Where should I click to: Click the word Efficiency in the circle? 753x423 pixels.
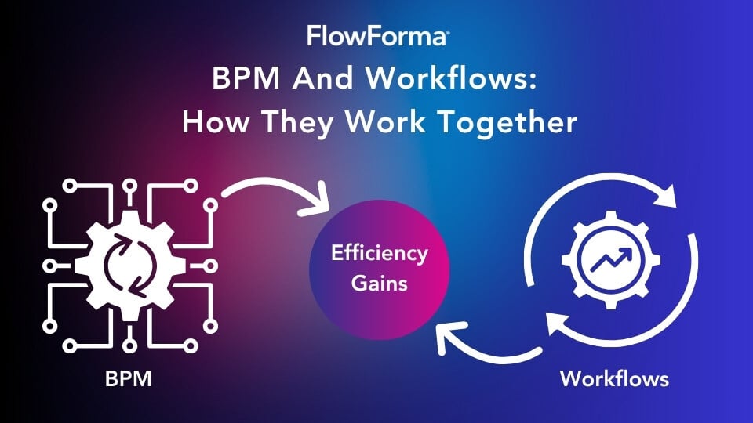[x=380, y=253]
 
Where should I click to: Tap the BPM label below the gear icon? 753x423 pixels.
[x=129, y=380]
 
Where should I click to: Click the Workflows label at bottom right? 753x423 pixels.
[x=614, y=380]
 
